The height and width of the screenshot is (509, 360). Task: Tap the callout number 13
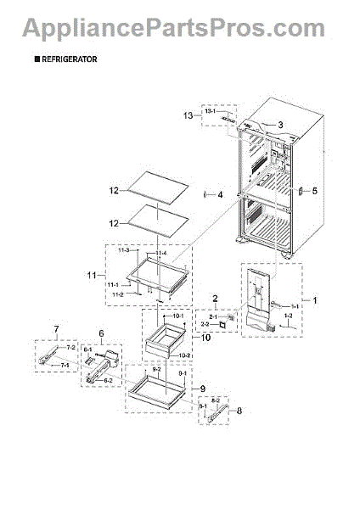(x=188, y=115)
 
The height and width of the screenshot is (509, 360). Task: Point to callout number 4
(x=220, y=194)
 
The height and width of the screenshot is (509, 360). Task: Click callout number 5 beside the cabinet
(x=313, y=191)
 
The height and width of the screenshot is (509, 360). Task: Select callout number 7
(x=56, y=328)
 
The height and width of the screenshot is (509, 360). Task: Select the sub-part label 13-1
(x=210, y=111)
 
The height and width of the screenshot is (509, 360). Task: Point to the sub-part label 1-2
(x=288, y=316)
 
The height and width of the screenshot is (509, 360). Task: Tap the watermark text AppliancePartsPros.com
(x=180, y=28)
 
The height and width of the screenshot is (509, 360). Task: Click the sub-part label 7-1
(x=63, y=365)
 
